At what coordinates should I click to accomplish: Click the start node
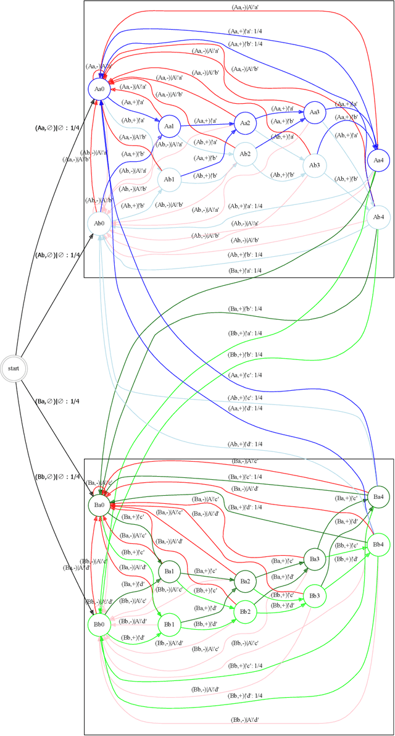pos(13,368)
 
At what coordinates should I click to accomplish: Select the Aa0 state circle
pos(99,89)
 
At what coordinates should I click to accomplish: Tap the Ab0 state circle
pos(99,223)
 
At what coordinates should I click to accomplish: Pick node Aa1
pos(168,126)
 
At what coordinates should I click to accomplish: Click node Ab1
pos(168,180)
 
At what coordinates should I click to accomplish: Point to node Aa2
pos(245,123)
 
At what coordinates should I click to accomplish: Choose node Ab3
pos(314,165)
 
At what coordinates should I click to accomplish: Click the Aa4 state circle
pos(378,159)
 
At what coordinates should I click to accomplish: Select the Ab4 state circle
pos(378,217)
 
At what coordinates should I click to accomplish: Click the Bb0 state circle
pos(99,624)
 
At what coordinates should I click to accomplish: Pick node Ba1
pos(168,571)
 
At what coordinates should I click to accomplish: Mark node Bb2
pos(245,611)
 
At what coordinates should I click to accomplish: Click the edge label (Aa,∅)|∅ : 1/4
pos(58,128)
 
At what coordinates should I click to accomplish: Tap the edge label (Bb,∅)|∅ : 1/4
pos(58,477)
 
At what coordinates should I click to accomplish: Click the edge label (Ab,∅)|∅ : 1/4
pos(58,255)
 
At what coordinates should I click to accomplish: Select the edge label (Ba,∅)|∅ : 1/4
pos(58,401)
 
